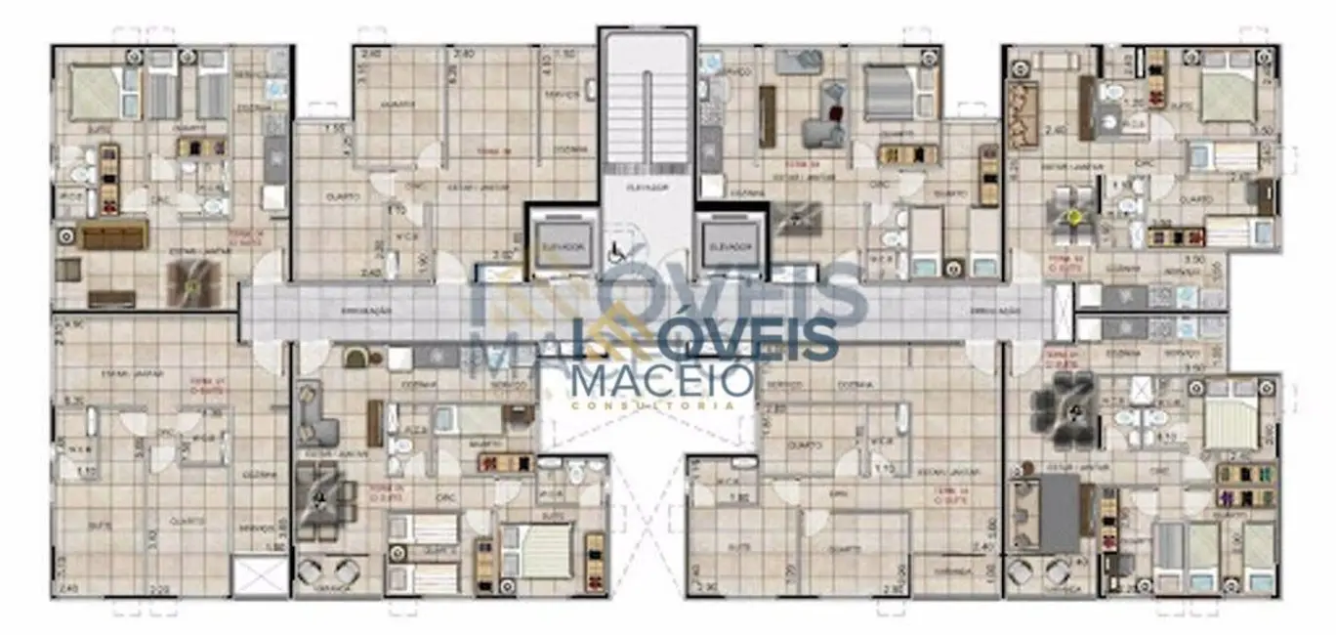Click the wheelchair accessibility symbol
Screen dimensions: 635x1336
tap(617, 250)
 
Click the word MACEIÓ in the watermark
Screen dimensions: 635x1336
tap(661, 378)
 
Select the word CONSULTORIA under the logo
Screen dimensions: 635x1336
tap(661, 404)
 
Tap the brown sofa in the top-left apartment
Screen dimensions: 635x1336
tap(112, 234)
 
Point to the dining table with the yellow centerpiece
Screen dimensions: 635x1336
tap(1075, 217)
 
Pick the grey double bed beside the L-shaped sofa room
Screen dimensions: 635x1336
tap(889, 93)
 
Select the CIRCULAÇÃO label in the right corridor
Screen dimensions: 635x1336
tap(993, 310)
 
